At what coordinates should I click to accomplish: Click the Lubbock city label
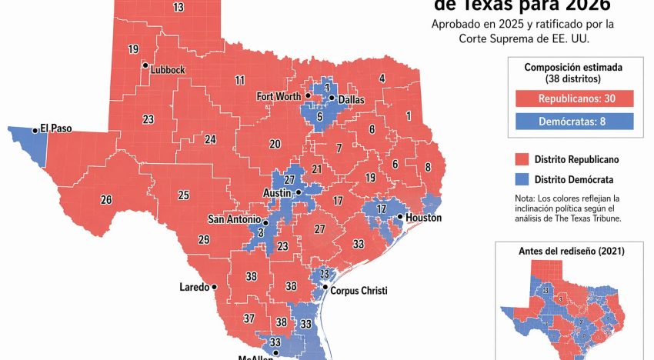point(168,69)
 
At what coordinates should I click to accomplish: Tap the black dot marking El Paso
point(35,131)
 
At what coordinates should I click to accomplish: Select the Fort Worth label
point(279,96)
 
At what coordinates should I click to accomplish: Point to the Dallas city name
point(350,98)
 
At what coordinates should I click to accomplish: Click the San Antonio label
point(234,219)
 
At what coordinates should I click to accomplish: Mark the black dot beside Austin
point(299,192)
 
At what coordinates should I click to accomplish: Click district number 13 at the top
point(179,8)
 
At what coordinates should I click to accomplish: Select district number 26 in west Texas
point(106,200)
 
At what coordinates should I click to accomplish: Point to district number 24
point(210,139)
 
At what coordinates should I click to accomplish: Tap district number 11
point(240,80)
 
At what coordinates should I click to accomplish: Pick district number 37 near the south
point(249,318)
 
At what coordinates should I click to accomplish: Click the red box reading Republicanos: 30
point(574,98)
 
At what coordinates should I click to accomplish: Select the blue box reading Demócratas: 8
point(574,121)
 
